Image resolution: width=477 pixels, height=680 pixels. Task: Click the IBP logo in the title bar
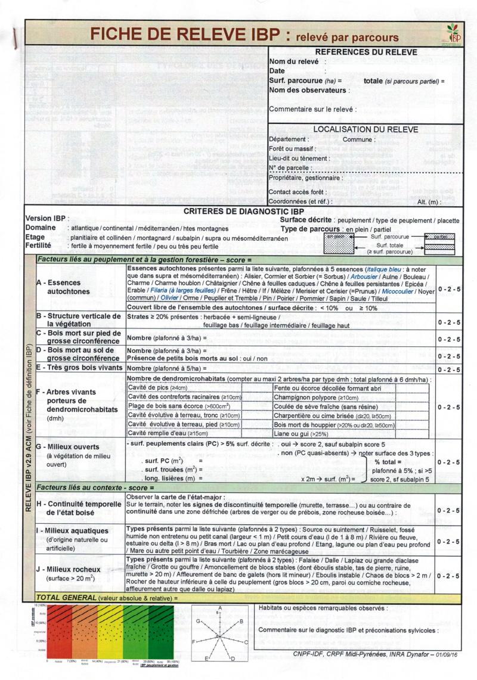[454, 33]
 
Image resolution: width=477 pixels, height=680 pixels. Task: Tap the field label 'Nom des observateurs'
[308, 90]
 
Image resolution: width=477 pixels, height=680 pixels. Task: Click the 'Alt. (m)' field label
[429, 202]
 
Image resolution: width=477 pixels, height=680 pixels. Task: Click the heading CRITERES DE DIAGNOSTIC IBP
[244, 211]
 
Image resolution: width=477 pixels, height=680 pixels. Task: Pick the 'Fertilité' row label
[38, 246]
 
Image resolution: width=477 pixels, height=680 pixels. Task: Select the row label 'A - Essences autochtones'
[63, 287]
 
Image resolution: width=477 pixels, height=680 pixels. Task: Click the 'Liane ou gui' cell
[299, 433]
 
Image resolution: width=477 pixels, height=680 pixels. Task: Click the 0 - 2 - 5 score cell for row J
[448, 576]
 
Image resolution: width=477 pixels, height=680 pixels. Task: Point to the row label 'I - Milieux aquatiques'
[72, 530]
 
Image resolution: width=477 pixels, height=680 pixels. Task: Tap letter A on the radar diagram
[221, 607]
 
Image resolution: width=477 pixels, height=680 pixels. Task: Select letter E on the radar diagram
[206, 659]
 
